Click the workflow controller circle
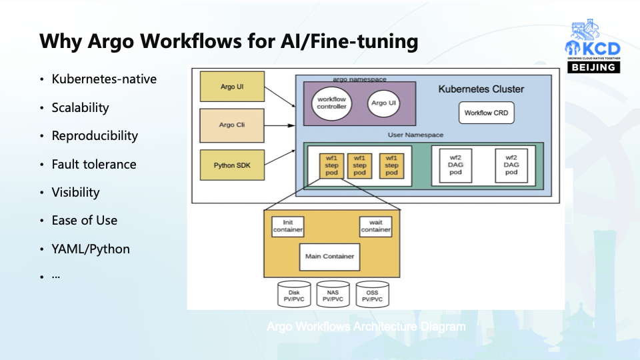pyautogui.click(x=331, y=103)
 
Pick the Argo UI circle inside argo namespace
pyautogui.click(x=379, y=103)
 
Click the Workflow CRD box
pyautogui.click(x=486, y=113)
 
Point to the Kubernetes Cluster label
pyautogui.click(x=481, y=89)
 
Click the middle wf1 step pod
pyautogui.click(x=359, y=165)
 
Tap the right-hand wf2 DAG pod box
pyautogui.click(x=511, y=165)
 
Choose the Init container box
pyautogui.click(x=288, y=226)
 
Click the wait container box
pyautogui.click(x=376, y=226)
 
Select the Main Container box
pyautogui.click(x=329, y=256)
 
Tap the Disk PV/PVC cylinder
pyautogui.click(x=294, y=295)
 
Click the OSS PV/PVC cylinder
pyautogui.click(x=372, y=295)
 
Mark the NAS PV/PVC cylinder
pyautogui.click(x=333, y=295)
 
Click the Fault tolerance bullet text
pyautogui.click(x=94, y=164)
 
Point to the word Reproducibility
pyautogui.click(x=95, y=136)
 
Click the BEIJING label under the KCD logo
pyautogui.click(x=593, y=67)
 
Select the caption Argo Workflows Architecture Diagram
pyautogui.click(x=366, y=327)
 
